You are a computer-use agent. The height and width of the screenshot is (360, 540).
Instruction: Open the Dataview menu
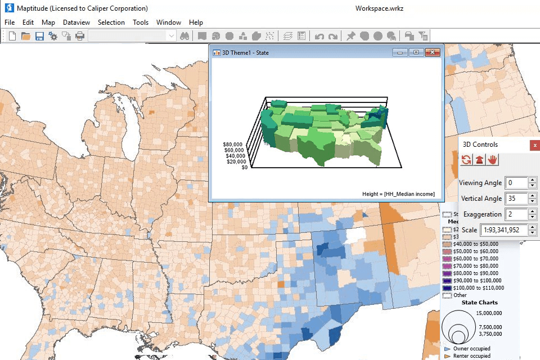point(76,22)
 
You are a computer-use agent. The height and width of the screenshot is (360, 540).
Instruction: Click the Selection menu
point(111,22)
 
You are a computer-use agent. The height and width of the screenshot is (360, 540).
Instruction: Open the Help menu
point(196,22)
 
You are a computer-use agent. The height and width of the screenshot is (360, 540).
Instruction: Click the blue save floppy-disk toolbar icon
point(39,36)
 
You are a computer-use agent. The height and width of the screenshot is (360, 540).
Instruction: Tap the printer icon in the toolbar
point(80,36)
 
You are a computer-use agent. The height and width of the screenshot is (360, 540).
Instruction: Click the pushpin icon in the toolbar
point(350,36)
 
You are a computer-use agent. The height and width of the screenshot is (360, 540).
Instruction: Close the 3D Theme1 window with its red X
point(432,52)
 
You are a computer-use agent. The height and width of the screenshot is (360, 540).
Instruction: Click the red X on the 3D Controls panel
point(534,145)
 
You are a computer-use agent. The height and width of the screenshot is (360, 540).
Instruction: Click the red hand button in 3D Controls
point(493,160)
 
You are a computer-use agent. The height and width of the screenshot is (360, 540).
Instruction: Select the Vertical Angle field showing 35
point(516,199)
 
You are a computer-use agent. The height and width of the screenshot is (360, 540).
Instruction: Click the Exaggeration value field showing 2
point(516,214)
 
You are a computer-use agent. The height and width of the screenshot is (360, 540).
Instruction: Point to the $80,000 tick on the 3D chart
point(233,144)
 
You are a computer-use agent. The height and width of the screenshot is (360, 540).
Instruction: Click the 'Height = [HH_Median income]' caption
point(398,194)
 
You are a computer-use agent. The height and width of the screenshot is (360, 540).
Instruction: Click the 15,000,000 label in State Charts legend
point(489,313)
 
